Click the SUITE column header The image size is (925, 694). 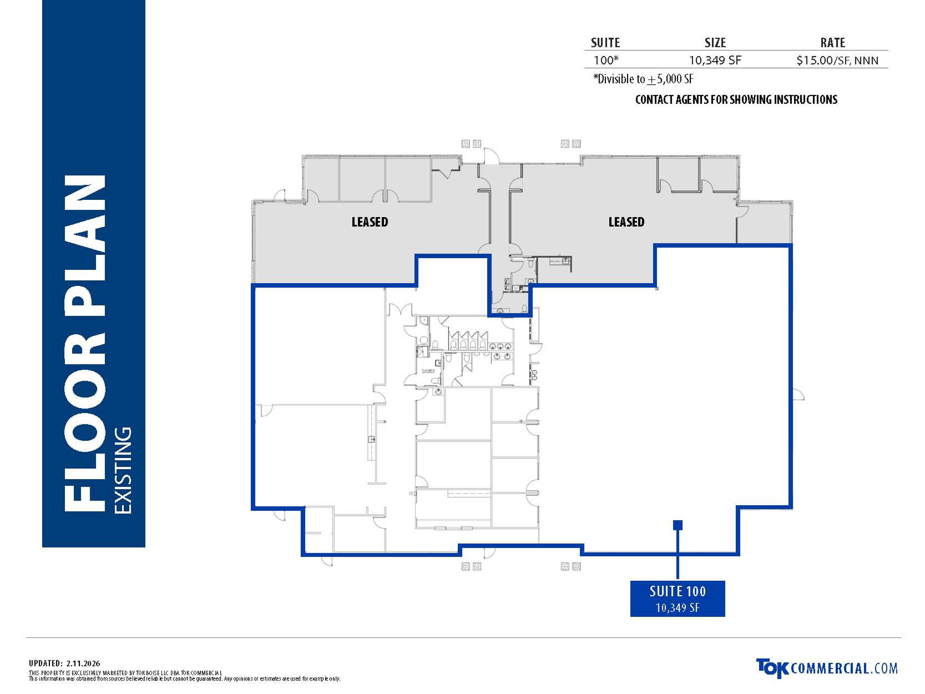coord(605,43)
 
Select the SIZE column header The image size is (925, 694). coord(715,43)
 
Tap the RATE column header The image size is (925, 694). coord(833,43)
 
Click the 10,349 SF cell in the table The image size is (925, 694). coord(715,60)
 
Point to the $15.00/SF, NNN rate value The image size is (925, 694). coord(837,61)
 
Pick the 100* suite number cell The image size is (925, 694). coord(606,60)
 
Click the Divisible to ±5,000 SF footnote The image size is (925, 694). coord(643,79)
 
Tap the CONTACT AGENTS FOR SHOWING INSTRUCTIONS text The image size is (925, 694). coord(736,100)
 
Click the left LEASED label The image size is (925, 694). coord(370,222)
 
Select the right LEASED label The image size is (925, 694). coord(626,222)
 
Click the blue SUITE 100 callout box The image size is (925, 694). coord(677,599)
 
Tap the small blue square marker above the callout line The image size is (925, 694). coord(678,525)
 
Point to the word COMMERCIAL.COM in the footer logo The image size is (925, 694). coord(844,668)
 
